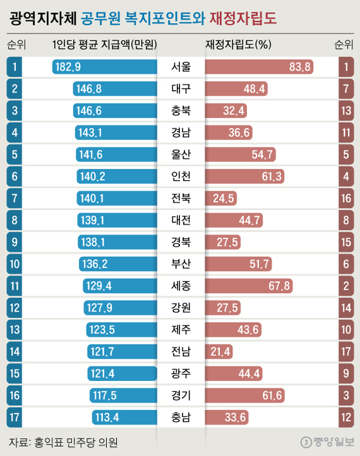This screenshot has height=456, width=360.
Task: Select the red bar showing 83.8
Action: [259, 67]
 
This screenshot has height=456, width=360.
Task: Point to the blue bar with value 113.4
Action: [125, 417]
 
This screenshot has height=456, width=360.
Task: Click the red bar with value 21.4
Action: [219, 351]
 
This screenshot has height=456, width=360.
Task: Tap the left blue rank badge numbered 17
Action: [14, 417]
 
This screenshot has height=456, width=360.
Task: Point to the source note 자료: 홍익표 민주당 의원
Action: [64, 442]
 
